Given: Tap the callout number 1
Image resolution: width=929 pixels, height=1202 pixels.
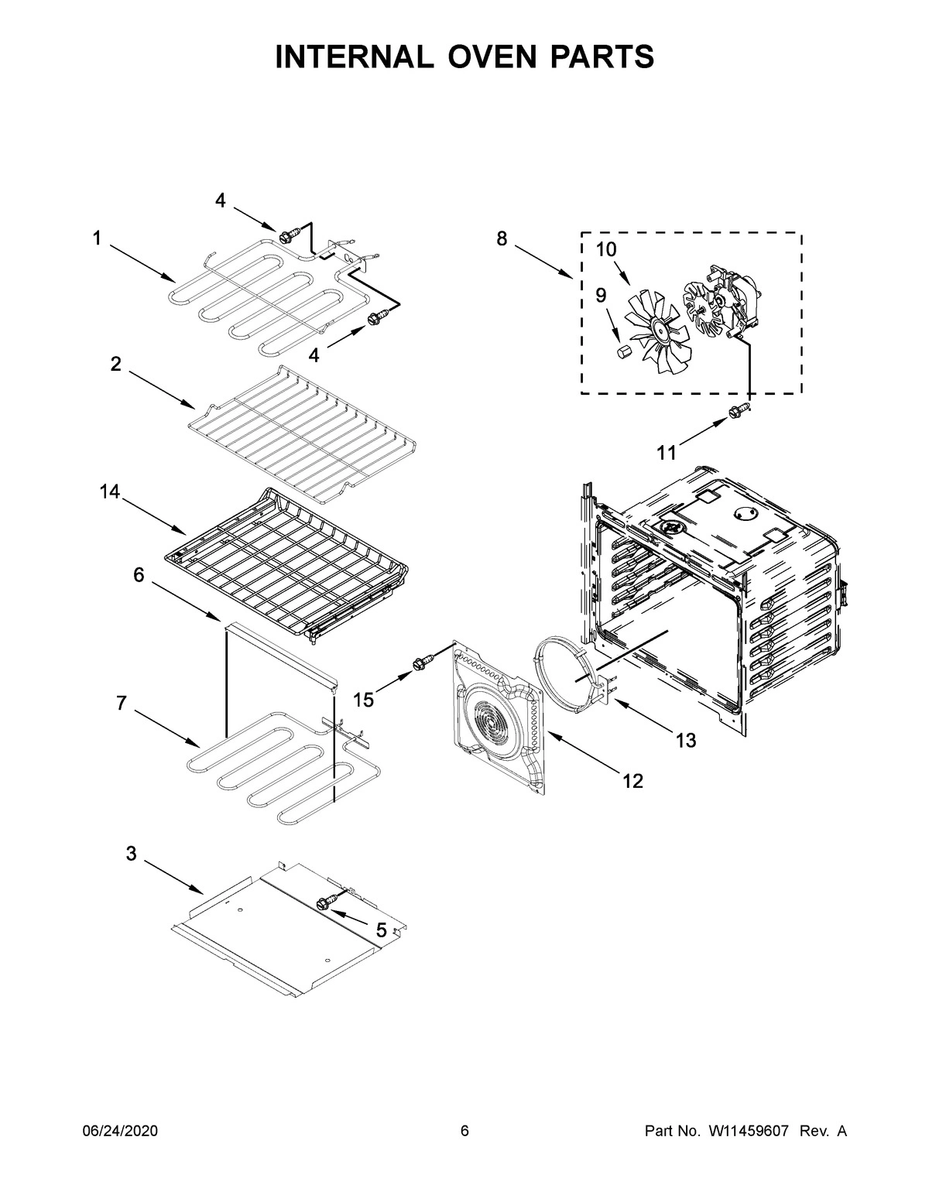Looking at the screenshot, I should point(97,239).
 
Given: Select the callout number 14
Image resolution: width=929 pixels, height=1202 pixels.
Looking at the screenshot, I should point(110,491).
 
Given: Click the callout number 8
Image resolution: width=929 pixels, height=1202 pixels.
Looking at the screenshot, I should point(502,238).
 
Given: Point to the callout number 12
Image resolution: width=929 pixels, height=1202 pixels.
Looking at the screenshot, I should point(632,781).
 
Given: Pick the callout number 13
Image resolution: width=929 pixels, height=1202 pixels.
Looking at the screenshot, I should point(685,741).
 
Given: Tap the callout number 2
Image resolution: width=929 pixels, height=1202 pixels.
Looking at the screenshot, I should point(115,365).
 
